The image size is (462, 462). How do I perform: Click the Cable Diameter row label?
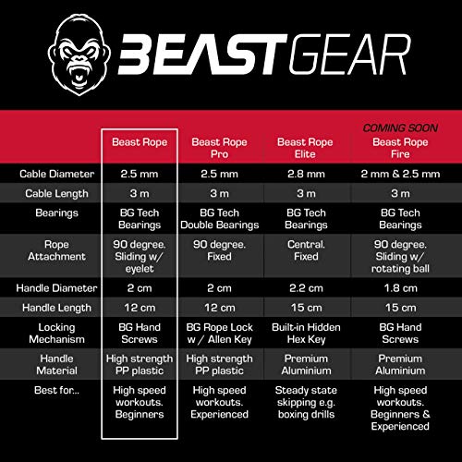53,173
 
